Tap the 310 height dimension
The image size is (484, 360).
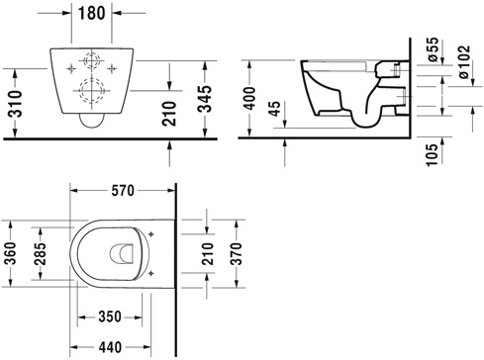(13, 99)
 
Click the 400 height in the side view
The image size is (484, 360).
(253, 97)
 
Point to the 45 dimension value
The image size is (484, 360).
(288, 109)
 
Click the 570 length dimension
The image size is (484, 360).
(123, 189)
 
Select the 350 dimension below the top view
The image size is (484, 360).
(109, 316)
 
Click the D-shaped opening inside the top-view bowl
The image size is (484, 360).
(122, 254)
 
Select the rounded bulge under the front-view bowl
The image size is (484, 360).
(90, 123)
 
